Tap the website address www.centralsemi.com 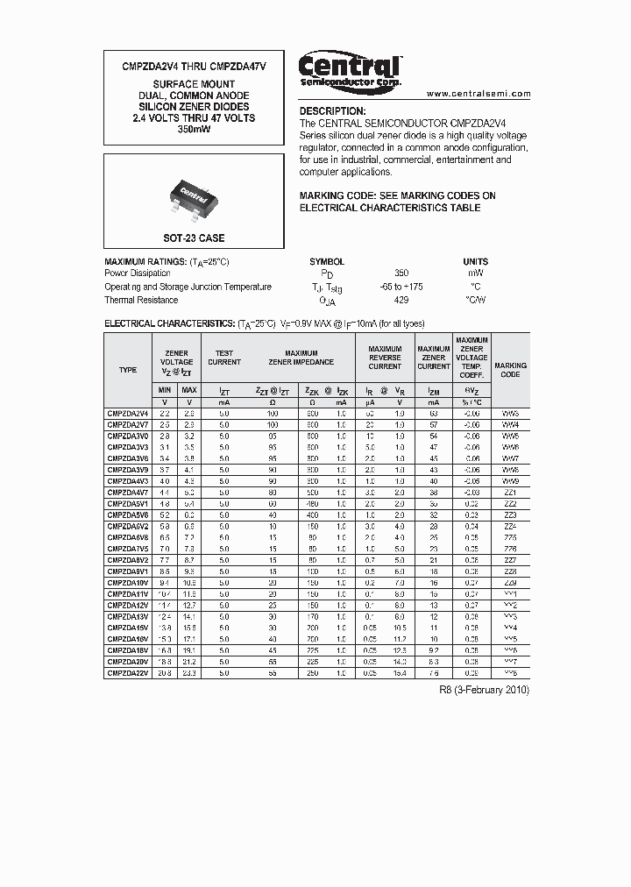(479, 93)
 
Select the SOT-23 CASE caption (194, 238)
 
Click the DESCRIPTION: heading (332, 111)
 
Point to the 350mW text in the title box (194, 130)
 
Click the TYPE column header (128, 370)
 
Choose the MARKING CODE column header (510, 370)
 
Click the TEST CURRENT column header (224, 357)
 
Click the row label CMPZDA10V (128, 582)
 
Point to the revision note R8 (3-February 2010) (484, 690)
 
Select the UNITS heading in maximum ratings (476, 261)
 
